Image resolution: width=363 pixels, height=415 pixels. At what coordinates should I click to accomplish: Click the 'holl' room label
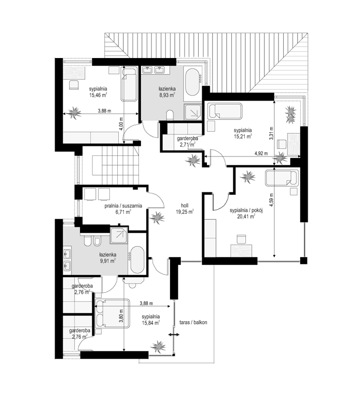pos(185,205)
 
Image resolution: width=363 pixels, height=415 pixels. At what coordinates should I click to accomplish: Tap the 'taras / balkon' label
pos(193,322)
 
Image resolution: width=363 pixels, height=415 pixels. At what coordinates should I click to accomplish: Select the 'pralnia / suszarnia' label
pos(123,206)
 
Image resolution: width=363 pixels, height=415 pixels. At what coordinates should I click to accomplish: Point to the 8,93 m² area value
pos(167,95)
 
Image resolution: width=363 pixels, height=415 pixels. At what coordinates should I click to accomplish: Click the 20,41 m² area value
pos(246,217)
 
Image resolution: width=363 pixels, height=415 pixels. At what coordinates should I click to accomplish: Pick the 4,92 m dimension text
pos(261,153)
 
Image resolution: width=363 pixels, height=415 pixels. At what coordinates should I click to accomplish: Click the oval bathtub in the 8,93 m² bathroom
pos(192,82)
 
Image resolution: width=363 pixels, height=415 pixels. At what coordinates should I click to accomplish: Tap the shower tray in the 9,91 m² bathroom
pos(119,235)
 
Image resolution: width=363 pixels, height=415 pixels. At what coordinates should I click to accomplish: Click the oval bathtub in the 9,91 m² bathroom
pos(137,260)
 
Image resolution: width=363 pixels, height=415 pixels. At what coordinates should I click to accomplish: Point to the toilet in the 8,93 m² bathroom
pos(170,115)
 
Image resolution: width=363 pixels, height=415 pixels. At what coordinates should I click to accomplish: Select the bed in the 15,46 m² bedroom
pos(129,83)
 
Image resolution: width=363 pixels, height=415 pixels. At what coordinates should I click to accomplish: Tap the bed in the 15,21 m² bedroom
pos(225,111)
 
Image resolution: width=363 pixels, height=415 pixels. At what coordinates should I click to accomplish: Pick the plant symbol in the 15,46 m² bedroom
pos(74,113)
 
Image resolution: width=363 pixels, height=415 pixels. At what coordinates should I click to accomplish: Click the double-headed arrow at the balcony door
pos(174,335)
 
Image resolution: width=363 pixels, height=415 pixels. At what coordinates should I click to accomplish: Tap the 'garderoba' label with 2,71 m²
pos(187,138)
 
